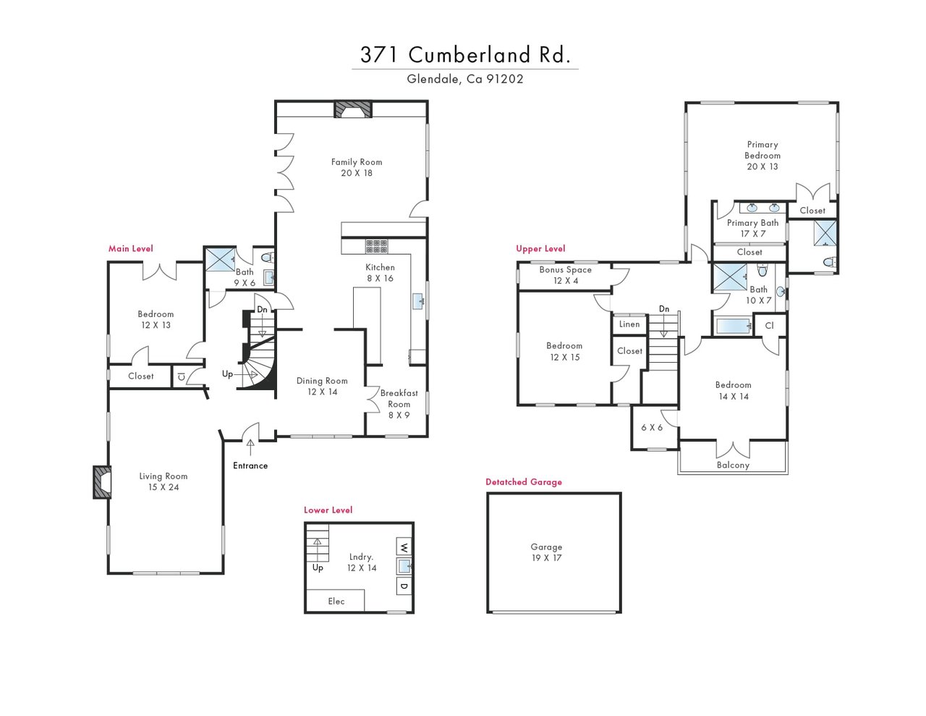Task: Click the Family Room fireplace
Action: (352, 109)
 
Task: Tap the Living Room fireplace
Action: (102, 482)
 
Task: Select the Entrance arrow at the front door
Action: (250, 447)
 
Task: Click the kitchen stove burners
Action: (377, 246)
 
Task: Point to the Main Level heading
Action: (130, 248)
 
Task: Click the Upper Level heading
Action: (540, 248)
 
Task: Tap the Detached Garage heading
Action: (524, 482)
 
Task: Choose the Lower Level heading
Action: (328, 510)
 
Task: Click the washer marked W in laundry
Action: (404, 547)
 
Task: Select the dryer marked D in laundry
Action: (404, 586)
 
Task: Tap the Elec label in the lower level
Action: (336, 602)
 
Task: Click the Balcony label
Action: (733, 466)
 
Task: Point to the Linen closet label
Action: (629, 324)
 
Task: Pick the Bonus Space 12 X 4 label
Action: (566, 275)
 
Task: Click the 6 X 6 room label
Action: (652, 427)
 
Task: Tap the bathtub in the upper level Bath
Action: (733, 327)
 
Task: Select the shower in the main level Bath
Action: (220, 259)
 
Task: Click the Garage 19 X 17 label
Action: (546, 552)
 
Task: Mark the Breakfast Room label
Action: (399, 399)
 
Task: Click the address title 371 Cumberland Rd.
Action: (465, 54)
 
